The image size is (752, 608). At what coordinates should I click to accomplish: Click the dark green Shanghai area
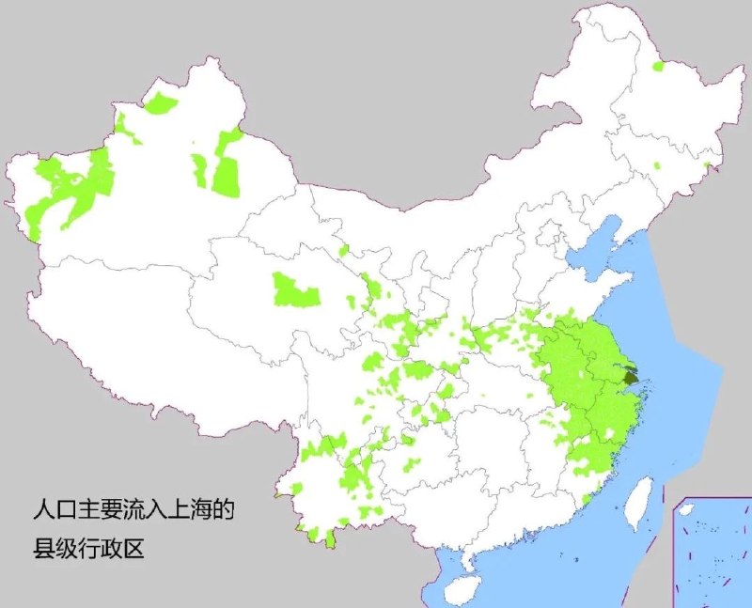(x=631, y=379)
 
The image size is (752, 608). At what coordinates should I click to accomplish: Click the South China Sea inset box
(x=712, y=553)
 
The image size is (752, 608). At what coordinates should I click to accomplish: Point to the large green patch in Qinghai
(x=295, y=290)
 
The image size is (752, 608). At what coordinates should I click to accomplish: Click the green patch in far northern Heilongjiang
(x=657, y=67)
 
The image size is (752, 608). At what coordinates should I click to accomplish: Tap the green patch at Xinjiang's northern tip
(x=160, y=101)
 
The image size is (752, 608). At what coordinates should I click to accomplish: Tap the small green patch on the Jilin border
(x=705, y=167)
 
